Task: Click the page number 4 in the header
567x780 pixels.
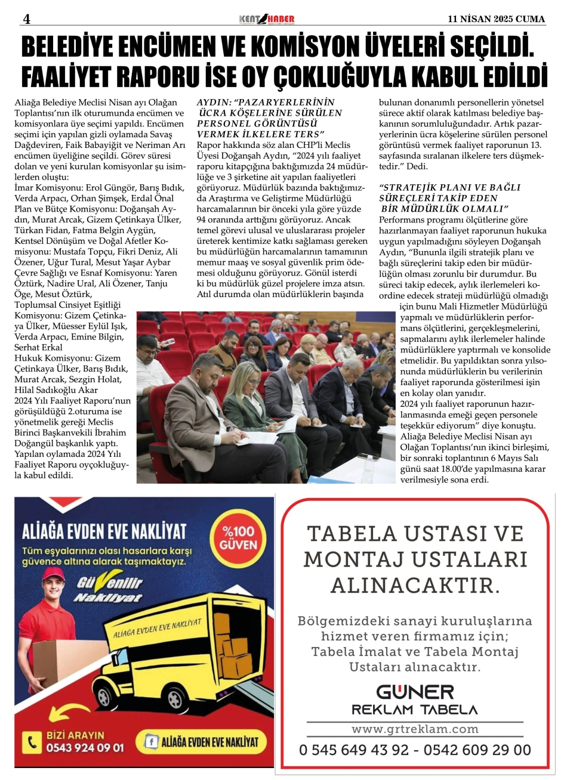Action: pyautogui.click(x=26, y=19)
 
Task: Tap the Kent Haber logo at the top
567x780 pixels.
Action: pyautogui.click(x=266, y=19)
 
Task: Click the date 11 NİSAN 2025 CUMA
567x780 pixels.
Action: pyautogui.click(x=497, y=19)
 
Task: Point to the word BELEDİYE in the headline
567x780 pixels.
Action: pyautogui.click(x=78, y=48)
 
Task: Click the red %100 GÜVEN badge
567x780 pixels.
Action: pyautogui.click(x=238, y=538)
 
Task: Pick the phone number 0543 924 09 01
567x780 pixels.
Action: pyautogui.click(x=85, y=747)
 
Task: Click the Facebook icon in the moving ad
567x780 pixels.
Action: pyautogui.click(x=152, y=742)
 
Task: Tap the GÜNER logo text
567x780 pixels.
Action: pyautogui.click(x=414, y=691)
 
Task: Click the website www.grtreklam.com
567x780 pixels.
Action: pyautogui.click(x=415, y=729)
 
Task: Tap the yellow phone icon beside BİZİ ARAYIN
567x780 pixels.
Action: pyautogui.click(x=31, y=742)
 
